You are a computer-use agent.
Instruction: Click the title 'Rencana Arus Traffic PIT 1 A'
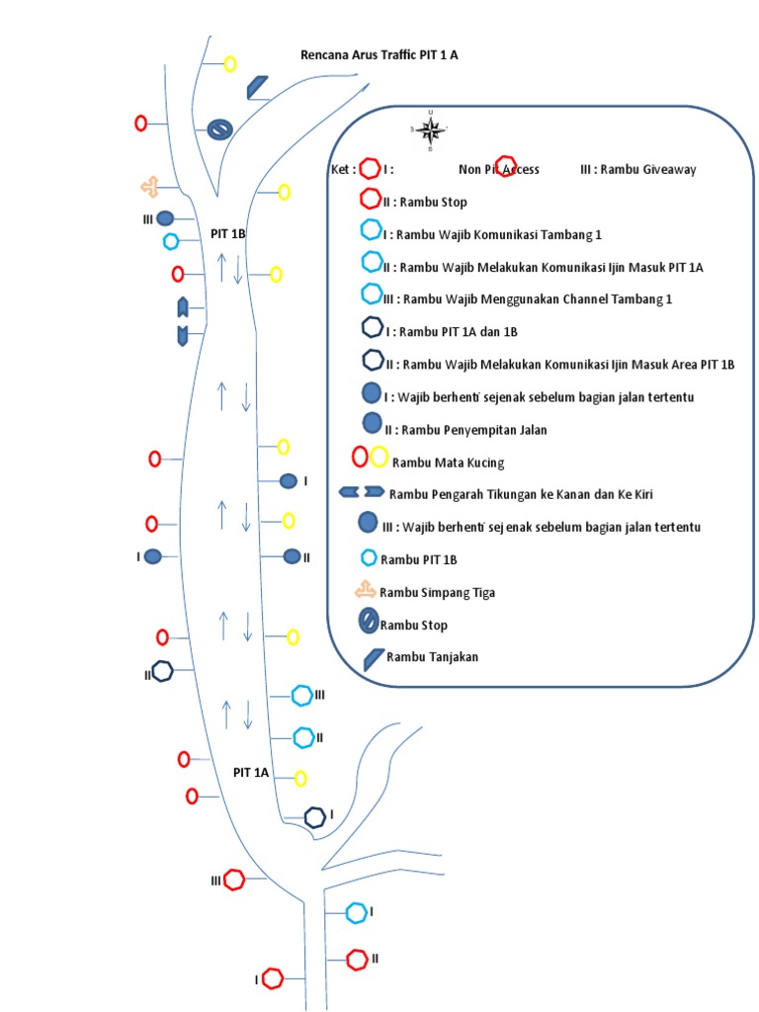(379, 55)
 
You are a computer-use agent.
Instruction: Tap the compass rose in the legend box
(430, 129)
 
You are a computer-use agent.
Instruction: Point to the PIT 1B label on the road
(227, 234)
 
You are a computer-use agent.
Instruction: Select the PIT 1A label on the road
(251, 773)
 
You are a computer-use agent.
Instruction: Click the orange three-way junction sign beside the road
(148, 186)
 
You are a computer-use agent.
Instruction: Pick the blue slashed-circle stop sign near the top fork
(219, 128)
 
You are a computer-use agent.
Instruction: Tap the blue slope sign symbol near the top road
(257, 87)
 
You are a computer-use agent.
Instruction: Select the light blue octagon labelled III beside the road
(302, 696)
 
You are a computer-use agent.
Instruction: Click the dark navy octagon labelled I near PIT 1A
(314, 817)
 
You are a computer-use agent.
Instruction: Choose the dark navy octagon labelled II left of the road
(162, 671)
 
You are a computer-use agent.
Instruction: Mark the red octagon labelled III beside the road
(234, 879)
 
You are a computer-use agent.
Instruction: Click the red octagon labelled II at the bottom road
(357, 959)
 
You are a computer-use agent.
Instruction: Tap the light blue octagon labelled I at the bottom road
(356, 913)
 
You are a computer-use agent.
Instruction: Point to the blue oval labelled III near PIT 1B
(166, 217)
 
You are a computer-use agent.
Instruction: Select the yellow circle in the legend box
(379, 457)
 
